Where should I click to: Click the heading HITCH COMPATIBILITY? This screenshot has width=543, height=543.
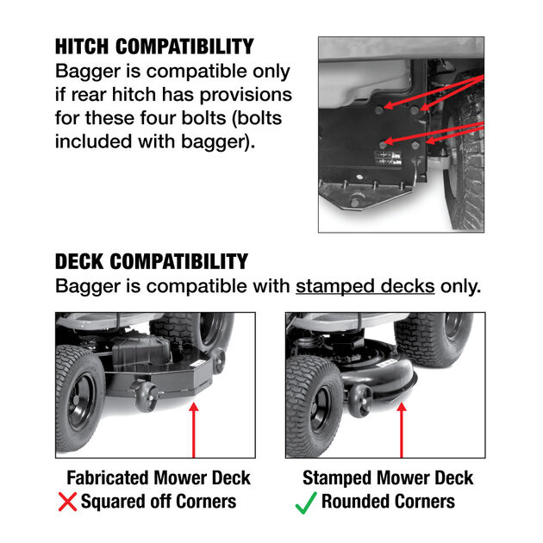click(x=154, y=47)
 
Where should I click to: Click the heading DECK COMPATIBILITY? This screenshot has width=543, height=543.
click(x=152, y=261)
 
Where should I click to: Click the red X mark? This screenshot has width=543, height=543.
click(x=66, y=502)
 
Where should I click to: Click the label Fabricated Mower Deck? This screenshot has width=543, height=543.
click(x=158, y=477)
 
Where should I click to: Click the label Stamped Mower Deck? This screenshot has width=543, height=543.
click(x=388, y=477)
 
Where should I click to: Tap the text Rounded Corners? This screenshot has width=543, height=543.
click(x=388, y=502)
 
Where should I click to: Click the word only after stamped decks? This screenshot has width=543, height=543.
click(x=460, y=285)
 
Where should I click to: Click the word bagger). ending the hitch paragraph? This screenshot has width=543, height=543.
click(x=216, y=140)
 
